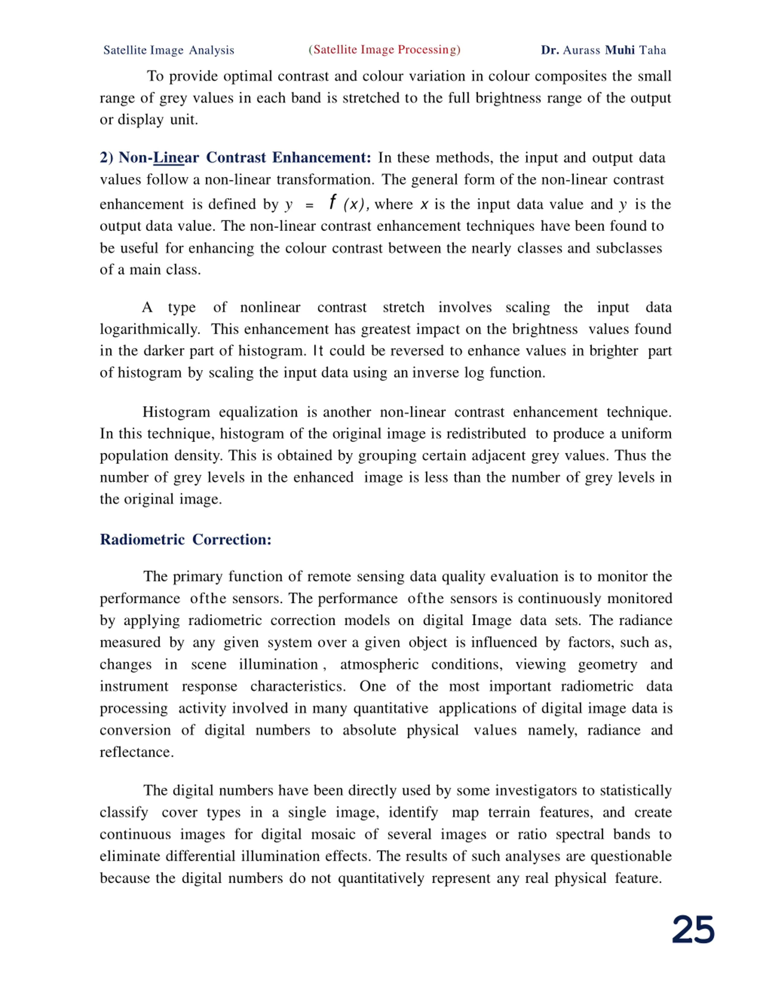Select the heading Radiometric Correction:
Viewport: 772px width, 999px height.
(186, 540)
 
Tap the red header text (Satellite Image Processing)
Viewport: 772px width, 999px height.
(384, 50)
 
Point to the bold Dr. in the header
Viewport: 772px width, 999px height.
(550, 50)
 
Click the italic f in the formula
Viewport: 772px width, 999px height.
(333, 202)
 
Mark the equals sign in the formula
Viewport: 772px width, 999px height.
(309, 205)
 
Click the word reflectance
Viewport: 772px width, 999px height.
(136, 752)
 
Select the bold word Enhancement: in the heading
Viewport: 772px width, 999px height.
(321, 158)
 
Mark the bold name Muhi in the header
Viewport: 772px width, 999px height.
(620, 50)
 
